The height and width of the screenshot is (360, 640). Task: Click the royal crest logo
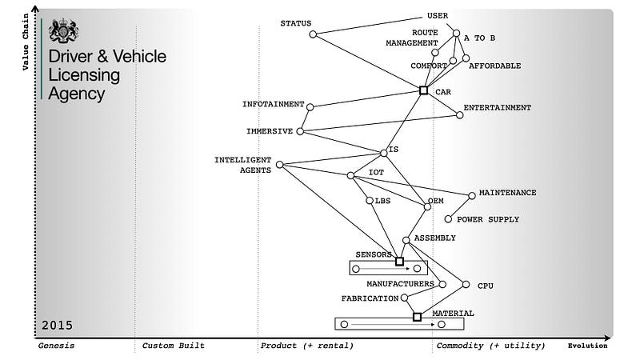(62, 30)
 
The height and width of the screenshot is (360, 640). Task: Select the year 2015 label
(57, 326)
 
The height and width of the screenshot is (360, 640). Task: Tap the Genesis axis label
(57, 346)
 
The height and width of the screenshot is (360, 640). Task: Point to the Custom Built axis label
(173, 346)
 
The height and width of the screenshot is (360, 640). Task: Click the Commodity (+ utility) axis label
(490, 346)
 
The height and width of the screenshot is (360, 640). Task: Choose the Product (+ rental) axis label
(306, 346)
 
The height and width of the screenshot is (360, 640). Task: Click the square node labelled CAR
(424, 90)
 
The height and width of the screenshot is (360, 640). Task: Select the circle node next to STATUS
(313, 34)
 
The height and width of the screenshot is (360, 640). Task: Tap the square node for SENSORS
(399, 261)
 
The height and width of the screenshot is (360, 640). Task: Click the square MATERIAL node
(417, 317)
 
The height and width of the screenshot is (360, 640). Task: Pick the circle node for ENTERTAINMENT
(460, 115)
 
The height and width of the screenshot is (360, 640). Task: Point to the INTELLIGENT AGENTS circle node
(279, 166)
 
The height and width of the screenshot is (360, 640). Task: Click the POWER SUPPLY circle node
(448, 219)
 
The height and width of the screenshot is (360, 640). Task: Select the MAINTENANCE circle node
(472, 194)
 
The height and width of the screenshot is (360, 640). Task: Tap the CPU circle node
(466, 285)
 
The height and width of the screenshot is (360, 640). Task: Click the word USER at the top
(438, 15)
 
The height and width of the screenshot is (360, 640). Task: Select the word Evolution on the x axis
(587, 346)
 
